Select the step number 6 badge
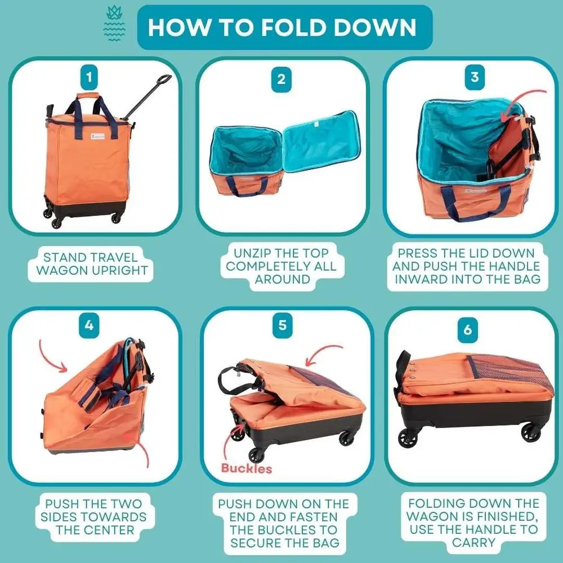(x=467, y=330)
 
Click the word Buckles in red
(x=246, y=468)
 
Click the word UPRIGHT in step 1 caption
(x=120, y=270)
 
